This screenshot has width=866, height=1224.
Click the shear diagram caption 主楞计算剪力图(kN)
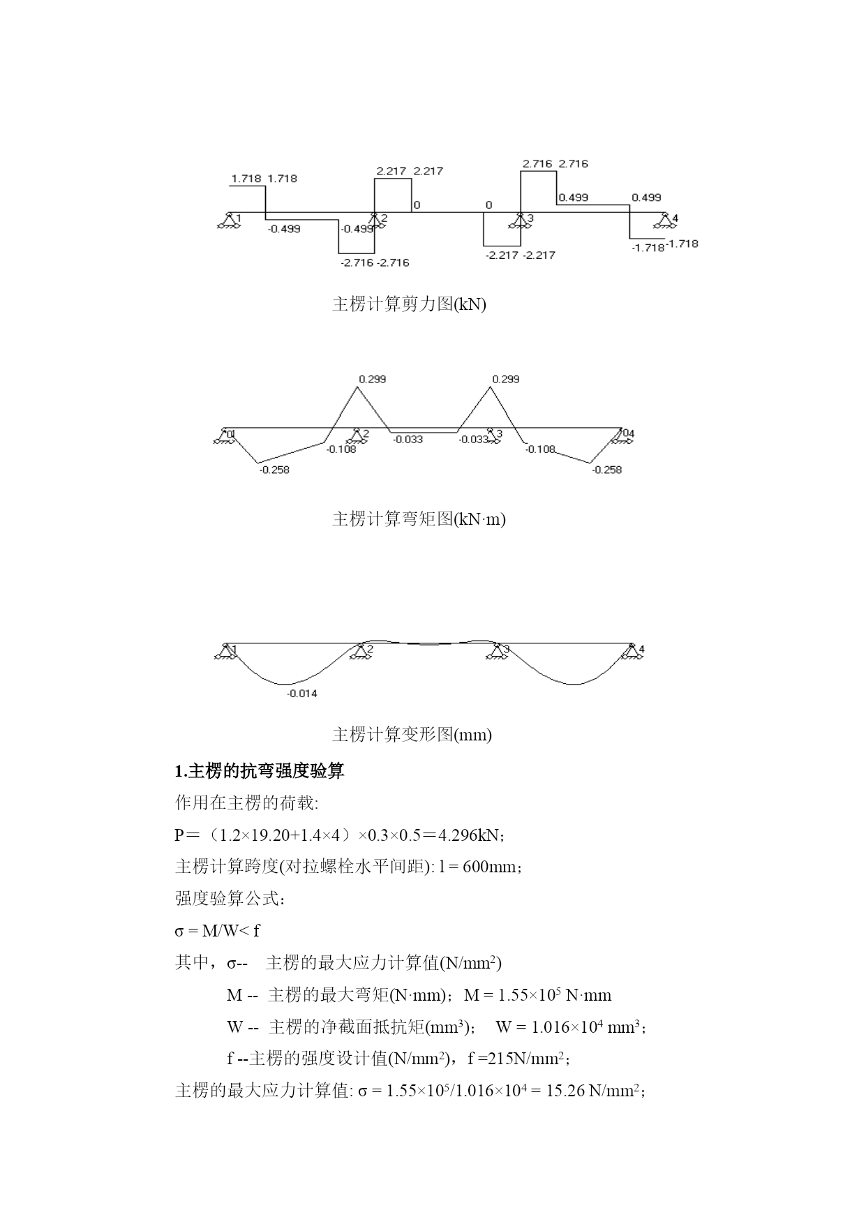click(x=409, y=304)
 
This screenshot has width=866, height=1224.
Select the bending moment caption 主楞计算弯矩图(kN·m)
click(x=419, y=519)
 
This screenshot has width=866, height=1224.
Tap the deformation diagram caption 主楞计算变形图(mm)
click(x=412, y=735)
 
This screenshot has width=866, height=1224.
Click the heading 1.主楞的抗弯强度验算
click(x=259, y=771)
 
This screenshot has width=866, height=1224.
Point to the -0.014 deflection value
click(x=302, y=694)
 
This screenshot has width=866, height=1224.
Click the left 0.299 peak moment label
click(x=372, y=380)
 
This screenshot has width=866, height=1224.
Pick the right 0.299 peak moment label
click(x=505, y=380)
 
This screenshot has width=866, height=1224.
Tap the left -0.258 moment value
click(x=274, y=470)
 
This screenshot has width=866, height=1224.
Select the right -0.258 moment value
click(x=606, y=470)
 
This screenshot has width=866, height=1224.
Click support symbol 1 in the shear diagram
click(x=227, y=221)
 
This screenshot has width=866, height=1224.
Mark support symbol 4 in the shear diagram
click(x=665, y=221)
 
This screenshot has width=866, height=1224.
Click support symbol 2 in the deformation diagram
click(x=360, y=651)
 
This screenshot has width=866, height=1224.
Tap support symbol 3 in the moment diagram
click(x=493, y=435)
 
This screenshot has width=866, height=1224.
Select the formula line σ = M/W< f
click(x=217, y=931)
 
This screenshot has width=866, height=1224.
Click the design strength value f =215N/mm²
click(x=517, y=1059)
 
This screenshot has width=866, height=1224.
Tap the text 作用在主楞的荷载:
click(x=246, y=803)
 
